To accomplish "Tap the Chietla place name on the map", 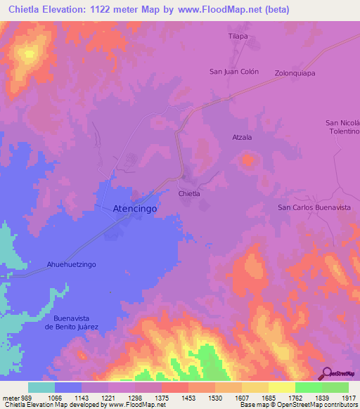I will pyautogui.click(x=189, y=193).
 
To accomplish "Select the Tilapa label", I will pyautogui.click(x=238, y=35).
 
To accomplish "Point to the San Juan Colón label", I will pyautogui.click(x=234, y=72).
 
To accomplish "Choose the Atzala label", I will pyautogui.click(x=242, y=138).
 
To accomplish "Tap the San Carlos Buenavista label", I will pyautogui.click(x=314, y=207).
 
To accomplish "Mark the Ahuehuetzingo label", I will pyautogui.click(x=71, y=264).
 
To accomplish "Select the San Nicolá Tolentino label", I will pyautogui.click(x=342, y=126).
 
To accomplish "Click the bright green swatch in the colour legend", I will pyautogui.click(x=308, y=387).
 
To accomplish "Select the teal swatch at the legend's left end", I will pyautogui.click(x=41, y=387).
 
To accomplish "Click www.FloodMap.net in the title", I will pyautogui.click(x=216, y=10).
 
